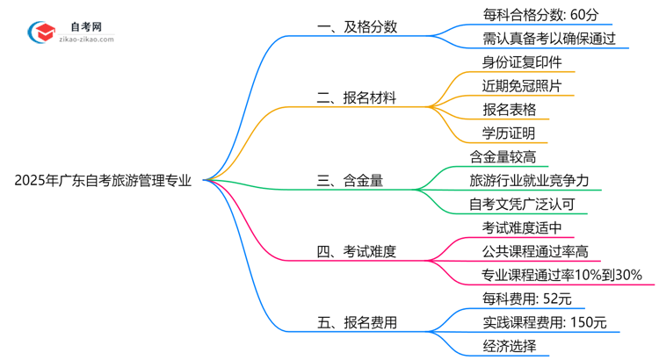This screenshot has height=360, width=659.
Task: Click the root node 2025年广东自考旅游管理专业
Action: pyautogui.click(x=103, y=181)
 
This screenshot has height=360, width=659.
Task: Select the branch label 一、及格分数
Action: pyautogui.click(x=357, y=26)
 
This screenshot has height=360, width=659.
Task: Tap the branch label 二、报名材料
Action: pyautogui.click(x=357, y=98)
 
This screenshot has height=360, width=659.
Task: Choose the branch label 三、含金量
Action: pyautogui.click(x=350, y=181)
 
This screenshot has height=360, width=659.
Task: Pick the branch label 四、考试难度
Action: pyautogui.click(x=357, y=252)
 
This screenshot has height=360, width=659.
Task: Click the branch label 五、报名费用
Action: pyautogui.click(x=357, y=323)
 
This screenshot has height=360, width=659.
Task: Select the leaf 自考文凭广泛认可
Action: pyautogui.click(x=523, y=205)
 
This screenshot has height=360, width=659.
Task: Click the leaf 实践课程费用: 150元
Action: pyautogui.click(x=545, y=323)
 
